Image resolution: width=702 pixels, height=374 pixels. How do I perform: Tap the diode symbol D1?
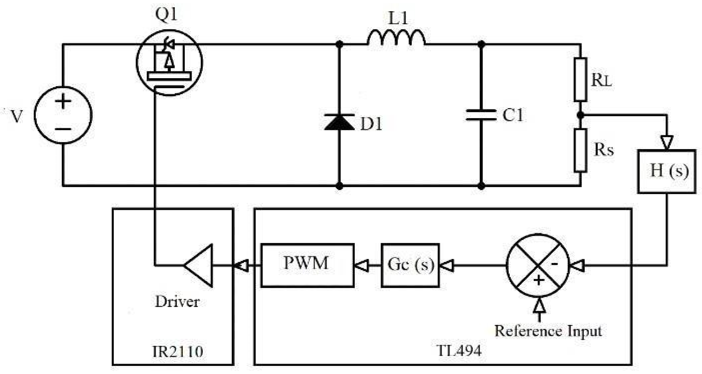point(339,122)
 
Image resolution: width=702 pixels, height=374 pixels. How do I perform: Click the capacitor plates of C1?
point(481,115)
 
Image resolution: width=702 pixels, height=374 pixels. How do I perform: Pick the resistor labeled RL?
point(580,80)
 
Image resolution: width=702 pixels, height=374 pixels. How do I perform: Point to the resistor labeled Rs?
point(580,150)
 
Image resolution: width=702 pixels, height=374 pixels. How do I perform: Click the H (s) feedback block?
point(666,171)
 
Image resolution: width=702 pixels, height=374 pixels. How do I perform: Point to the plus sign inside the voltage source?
point(63,101)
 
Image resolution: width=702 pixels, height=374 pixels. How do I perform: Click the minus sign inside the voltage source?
point(63,129)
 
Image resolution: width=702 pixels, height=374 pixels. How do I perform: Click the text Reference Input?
point(548,331)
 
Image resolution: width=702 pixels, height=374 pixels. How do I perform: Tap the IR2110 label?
point(178,351)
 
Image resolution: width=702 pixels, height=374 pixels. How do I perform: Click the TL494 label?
point(459,351)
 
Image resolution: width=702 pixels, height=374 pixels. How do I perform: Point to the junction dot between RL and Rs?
point(580,115)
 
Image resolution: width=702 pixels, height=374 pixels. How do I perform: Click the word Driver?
point(177,301)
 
